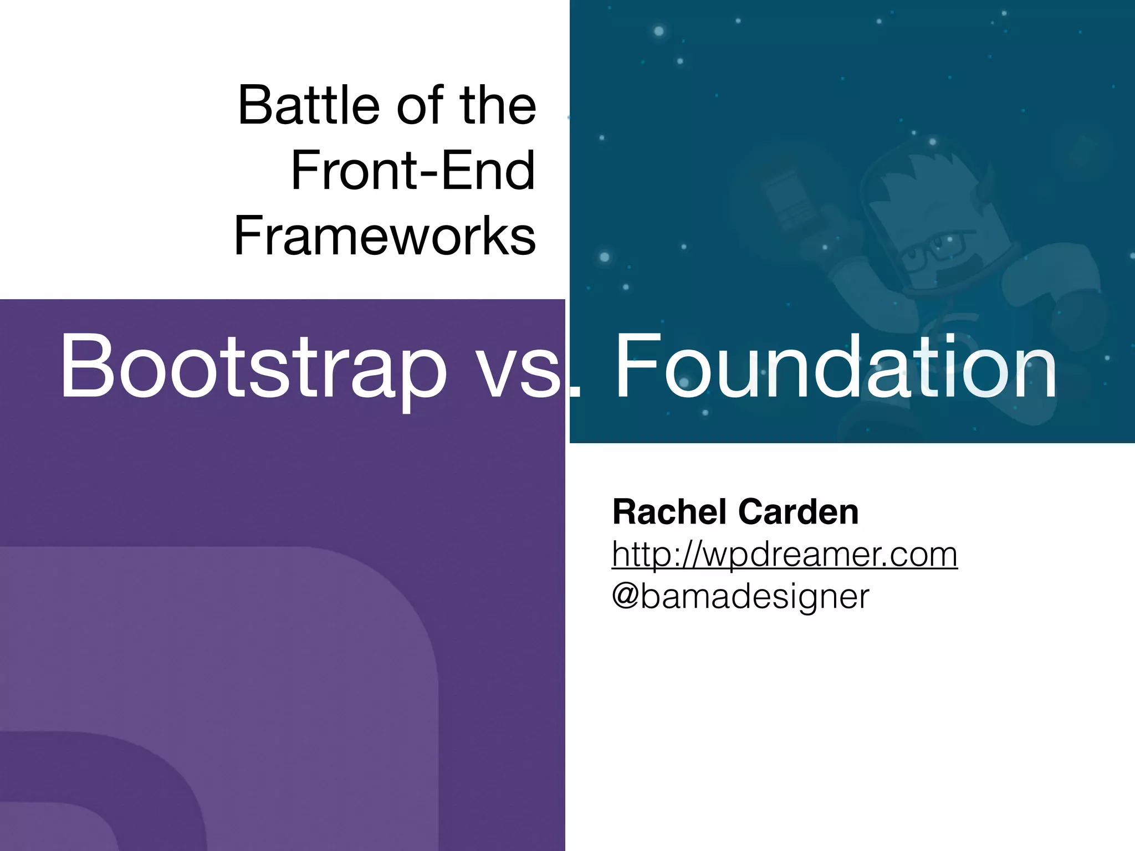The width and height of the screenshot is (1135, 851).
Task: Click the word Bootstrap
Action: click(x=252, y=366)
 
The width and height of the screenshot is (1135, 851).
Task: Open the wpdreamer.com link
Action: click(x=784, y=553)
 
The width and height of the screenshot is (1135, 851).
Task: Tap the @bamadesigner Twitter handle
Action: click(x=740, y=596)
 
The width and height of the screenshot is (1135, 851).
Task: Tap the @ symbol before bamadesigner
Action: click(x=626, y=596)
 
